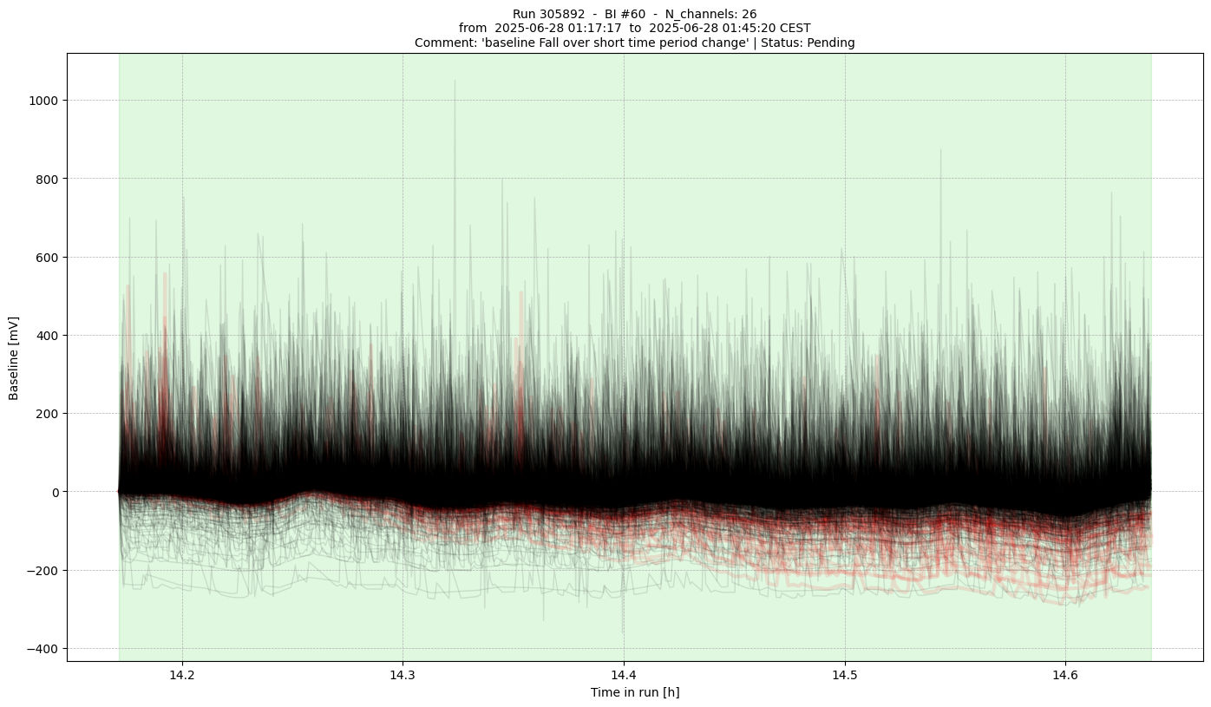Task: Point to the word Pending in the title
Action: coord(831,43)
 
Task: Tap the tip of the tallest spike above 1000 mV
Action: coord(455,81)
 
